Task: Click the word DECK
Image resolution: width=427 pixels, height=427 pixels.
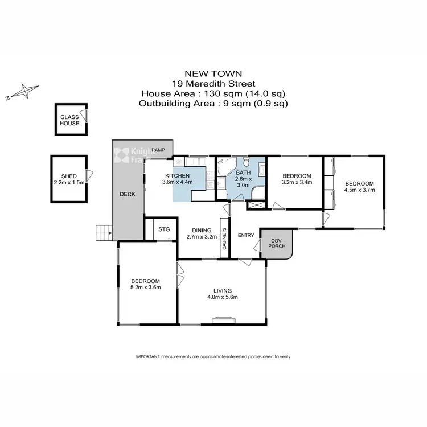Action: [x=127, y=194]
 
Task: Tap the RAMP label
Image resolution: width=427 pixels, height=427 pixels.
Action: [x=158, y=150]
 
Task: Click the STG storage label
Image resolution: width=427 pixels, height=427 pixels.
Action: [x=164, y=229]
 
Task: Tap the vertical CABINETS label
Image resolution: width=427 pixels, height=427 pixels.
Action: [x=225, y=239]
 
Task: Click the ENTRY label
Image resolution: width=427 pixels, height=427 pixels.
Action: [x=246, y=236]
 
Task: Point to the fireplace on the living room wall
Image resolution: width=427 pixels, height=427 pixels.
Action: [x=220, y=322]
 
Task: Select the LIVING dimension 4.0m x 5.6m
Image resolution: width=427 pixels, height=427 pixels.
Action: [x=222, y=297]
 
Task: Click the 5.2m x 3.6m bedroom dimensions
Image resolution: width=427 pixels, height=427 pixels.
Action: [x=145, y=288]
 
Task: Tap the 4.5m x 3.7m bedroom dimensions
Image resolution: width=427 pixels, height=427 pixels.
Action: [x=360, y=191]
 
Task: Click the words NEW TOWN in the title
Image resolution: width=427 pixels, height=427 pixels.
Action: [x=213, y=73]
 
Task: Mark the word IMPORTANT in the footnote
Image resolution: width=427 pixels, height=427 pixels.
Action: [x=147, y=356]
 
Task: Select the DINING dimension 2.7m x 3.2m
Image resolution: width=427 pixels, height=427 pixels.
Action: [x=202, y=237]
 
